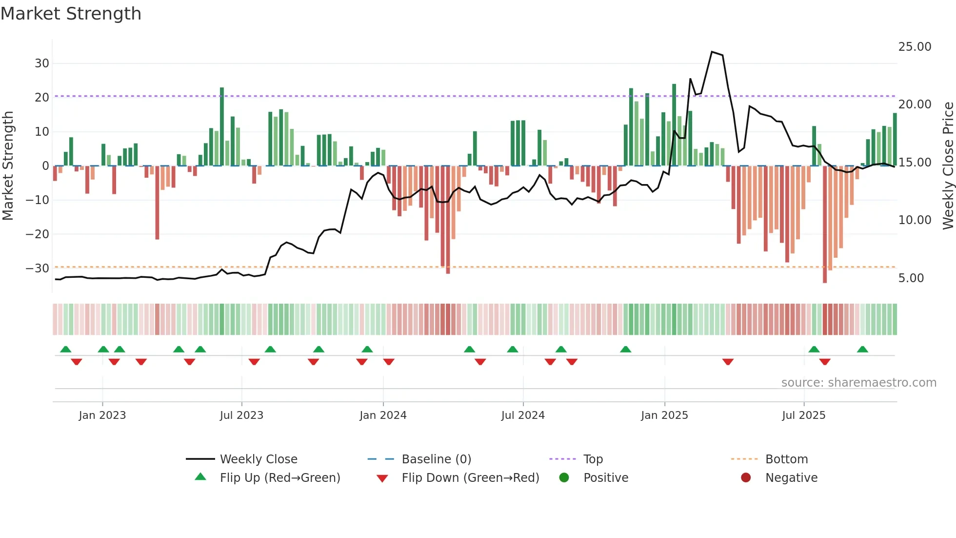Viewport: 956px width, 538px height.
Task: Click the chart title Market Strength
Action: click(x=71, y=14)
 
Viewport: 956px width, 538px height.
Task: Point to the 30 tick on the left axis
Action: click(x=42, y=63)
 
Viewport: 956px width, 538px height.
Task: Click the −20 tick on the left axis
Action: click(x=38, y=234)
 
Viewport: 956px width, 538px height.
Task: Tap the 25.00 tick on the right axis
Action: click(x=915, y=47)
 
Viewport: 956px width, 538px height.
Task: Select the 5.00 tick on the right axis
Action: click(x=911, y=278)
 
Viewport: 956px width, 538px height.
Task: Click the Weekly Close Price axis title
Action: click(x=948, y=166)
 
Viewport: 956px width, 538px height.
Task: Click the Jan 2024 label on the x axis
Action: click(x=383, y=415)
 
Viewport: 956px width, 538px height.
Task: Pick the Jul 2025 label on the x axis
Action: click(x=803, y=415)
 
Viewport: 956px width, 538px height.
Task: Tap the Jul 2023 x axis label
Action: click(x=241, y=415)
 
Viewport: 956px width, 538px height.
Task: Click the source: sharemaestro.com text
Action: click(x=858, y=383)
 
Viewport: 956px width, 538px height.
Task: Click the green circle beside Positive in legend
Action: click(x=564, y=478)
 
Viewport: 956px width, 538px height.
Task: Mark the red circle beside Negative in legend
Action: click(x=746, y=478)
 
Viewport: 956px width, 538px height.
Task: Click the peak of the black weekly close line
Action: click(x=712, y=52)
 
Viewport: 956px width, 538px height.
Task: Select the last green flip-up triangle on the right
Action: click(x=862, y=350)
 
